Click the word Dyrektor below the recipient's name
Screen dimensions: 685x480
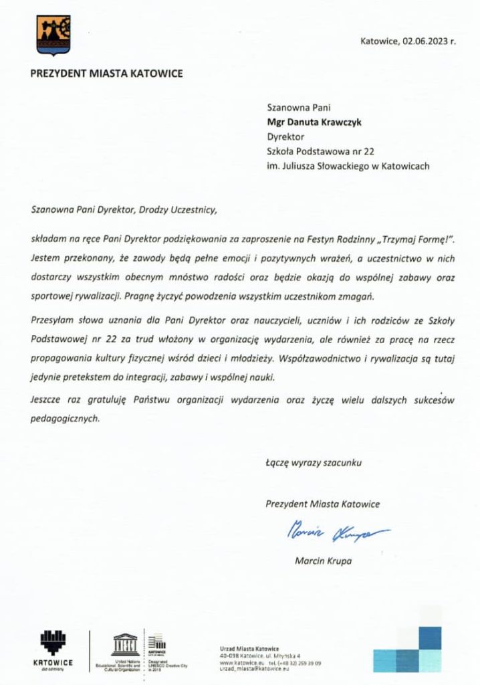[285, 136]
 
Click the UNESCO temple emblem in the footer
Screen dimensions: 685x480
[124, 643]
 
